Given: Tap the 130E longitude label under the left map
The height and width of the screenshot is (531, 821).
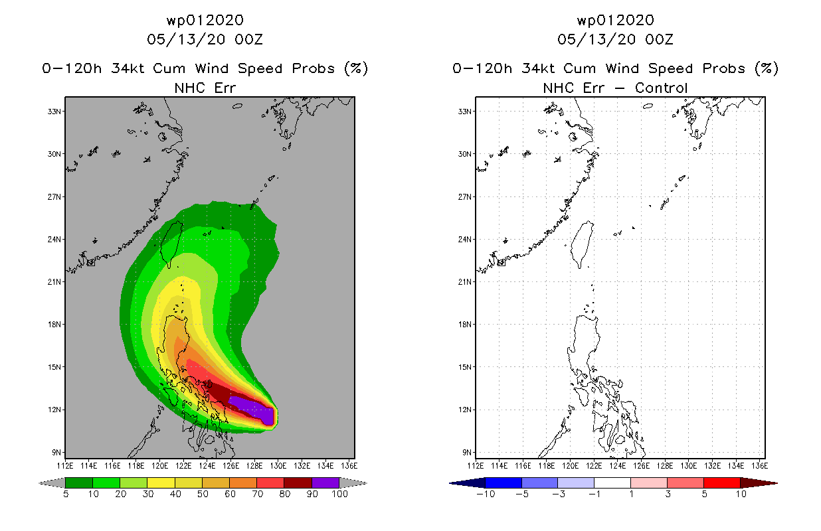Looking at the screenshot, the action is click(278, 466).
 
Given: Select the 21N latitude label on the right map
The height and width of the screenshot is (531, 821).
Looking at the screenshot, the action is click(464, 282).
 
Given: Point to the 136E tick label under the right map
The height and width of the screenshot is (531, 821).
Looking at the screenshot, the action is click(759, 466).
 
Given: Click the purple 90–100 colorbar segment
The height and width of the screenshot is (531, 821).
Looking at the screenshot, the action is click(325, 483).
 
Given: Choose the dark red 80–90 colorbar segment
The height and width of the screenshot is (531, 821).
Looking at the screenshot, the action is click(298, 483).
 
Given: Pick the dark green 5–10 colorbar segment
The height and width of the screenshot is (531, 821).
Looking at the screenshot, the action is click(79, 483).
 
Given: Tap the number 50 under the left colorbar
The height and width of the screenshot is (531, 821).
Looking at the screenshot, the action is click(203, 494).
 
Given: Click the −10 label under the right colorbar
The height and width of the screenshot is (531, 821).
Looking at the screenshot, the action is click(486, 494).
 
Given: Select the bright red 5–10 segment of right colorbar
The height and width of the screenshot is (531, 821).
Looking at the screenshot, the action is click(722, 483).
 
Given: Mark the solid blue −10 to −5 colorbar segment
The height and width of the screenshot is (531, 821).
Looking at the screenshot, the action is click(503, 483).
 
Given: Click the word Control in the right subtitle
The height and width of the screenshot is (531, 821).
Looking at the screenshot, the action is click(661, 88).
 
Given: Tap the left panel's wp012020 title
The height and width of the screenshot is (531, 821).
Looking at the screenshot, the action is click(205, 21).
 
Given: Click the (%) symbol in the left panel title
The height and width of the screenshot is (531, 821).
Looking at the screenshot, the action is click(356, 68).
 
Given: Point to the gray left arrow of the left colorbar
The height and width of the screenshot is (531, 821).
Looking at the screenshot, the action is click(52, 483).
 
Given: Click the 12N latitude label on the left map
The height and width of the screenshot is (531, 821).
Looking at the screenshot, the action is click(54, 410).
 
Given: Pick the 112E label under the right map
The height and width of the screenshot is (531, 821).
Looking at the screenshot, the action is click(476, 466).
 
